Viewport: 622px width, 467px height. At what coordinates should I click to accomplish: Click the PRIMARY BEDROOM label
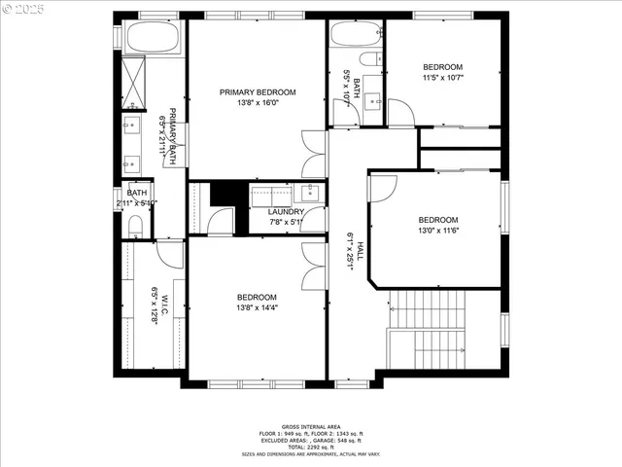257,92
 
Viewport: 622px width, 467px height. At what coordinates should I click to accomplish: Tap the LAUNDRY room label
287,211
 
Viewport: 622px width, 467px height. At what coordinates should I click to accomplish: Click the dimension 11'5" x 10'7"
443,78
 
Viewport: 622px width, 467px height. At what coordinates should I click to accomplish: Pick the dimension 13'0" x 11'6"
437,231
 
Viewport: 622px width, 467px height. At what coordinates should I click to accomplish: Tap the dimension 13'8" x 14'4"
257,308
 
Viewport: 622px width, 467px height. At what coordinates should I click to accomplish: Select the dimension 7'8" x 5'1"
287,222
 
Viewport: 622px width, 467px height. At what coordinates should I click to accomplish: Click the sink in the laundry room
310,191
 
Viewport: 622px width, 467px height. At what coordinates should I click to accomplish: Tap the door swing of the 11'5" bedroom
400,112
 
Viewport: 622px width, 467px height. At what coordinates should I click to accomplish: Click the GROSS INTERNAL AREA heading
311,426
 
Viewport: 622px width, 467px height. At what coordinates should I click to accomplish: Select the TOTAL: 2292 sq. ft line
311,446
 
